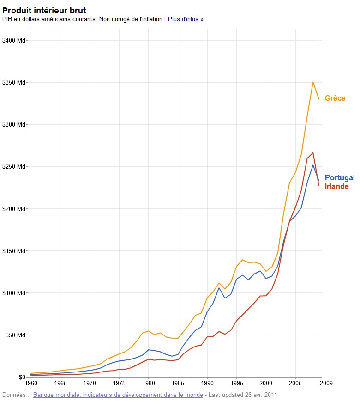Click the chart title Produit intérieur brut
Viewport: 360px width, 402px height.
pos(44,10)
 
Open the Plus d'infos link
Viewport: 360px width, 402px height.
pos(186,19)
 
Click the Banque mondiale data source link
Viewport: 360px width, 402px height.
pos(118,395)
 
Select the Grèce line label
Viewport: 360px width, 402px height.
pos(335,98)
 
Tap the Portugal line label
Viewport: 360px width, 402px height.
pos(340,178)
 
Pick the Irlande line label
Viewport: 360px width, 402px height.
pos(337,187)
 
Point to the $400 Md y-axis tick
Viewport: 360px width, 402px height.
pos(14,41)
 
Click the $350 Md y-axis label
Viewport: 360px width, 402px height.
pos(14,83)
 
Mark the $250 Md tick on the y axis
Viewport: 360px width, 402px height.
pos(14,167)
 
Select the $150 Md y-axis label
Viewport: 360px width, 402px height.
pos(14,251)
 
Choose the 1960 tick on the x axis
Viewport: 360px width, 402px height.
pos(31,383)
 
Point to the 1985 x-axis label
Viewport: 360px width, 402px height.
pos(178,383)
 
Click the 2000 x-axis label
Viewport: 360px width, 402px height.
pos(266,383)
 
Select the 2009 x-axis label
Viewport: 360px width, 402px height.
pos(326,383)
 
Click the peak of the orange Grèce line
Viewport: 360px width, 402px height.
pos(313,82)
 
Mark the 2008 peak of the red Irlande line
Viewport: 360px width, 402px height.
pos(313,153)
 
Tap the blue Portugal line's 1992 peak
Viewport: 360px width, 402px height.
pos(219,288)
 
